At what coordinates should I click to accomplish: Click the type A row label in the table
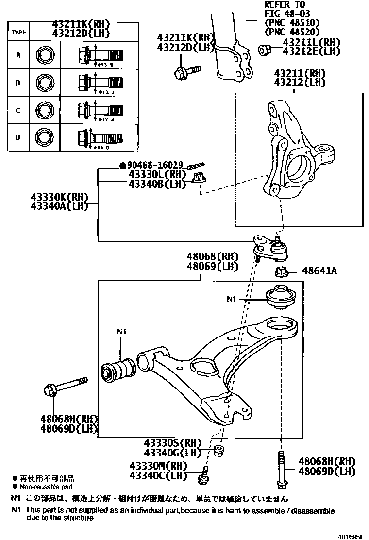click(x=18, y=55)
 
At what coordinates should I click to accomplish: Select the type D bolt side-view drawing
click(x=100, y=137)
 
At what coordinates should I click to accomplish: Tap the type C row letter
click(x=18, y=110)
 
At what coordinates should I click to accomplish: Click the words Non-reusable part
click(x=47, y=486)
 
